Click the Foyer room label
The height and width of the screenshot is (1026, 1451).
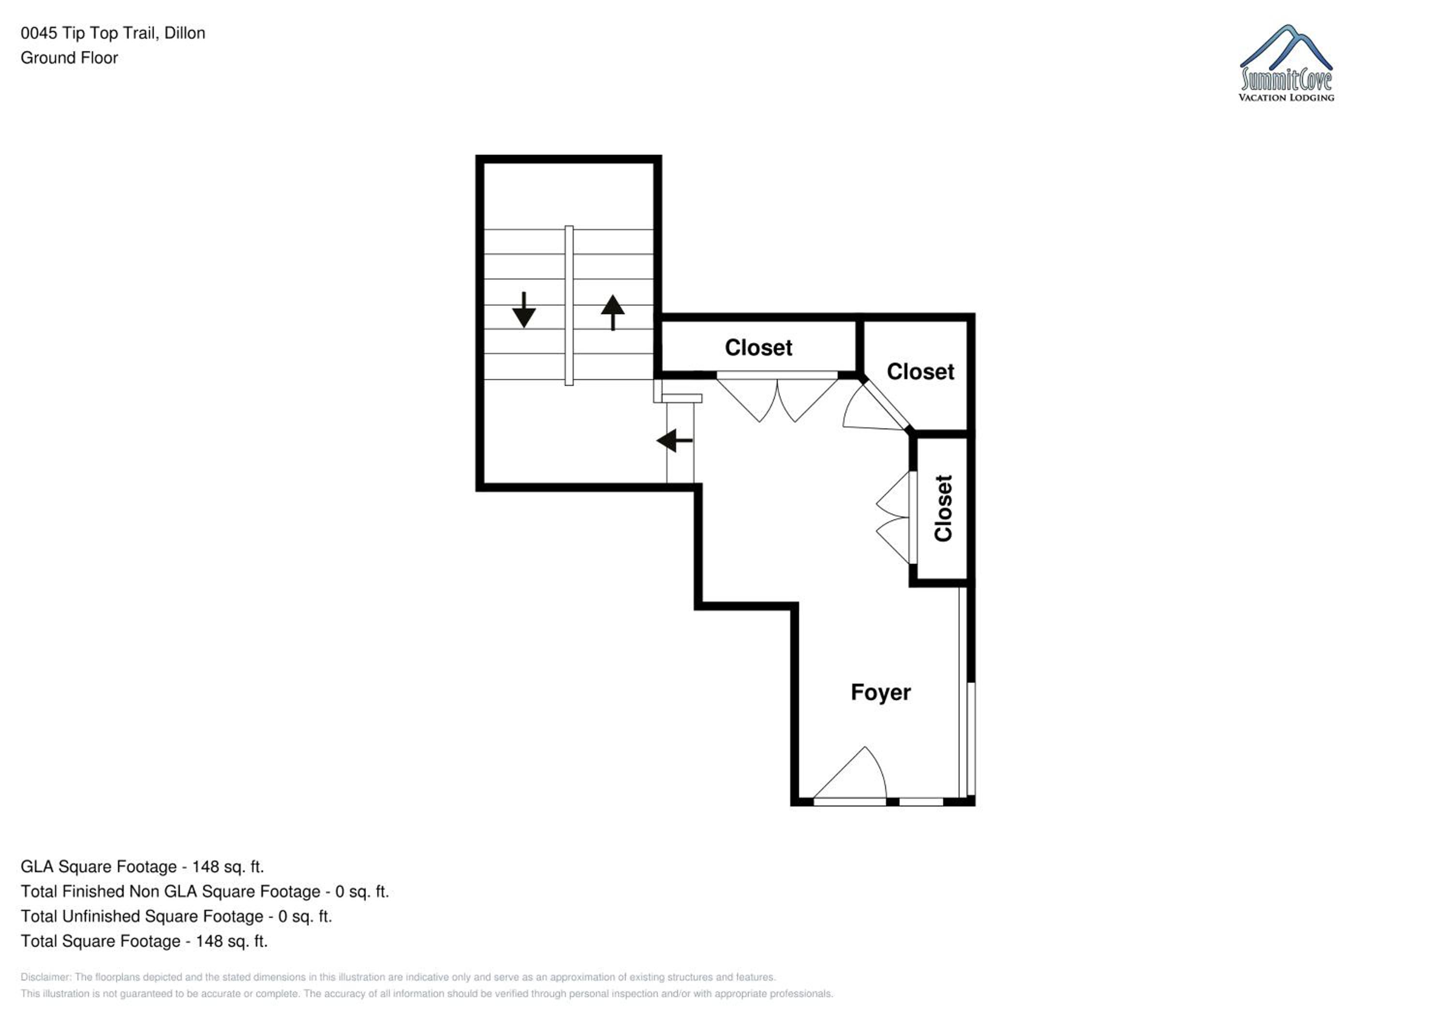pyautogui.click(x=880, y=693)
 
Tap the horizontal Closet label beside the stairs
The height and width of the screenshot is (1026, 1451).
pyautogui.click(x=758, y=348)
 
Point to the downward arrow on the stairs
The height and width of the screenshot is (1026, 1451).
pyautogui.click(x=524, y=309)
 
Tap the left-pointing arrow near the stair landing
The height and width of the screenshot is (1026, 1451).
pyautogui.click(x=674, y=440)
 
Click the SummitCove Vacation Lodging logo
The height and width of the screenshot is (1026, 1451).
pyautogui.click(x=1286, y=63)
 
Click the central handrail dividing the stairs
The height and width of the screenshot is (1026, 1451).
pyautogui.click(x=569, y=305)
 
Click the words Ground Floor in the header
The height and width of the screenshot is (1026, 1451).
pyautogui.click(x=70, y=58)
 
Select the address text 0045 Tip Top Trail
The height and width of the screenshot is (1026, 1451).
pyautogui.click(x=89, y=33)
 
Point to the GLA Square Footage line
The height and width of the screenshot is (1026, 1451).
pyautogui.click(x=142, y=867)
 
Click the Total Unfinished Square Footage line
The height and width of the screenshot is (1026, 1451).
pyautogui.click(x=177, y=916)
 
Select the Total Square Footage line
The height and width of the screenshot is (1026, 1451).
pyautogui.click(x=144, y=941)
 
